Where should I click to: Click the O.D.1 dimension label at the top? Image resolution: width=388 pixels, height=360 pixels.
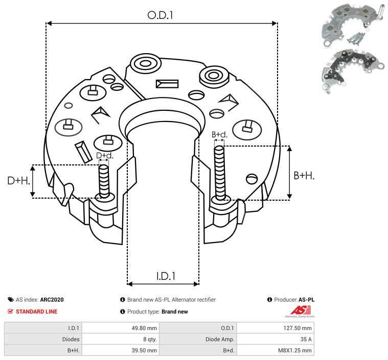pos(161,15)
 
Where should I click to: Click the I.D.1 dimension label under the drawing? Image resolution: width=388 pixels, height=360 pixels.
pos(166,276)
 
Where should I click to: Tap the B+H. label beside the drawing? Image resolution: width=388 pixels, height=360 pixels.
pos(304,175)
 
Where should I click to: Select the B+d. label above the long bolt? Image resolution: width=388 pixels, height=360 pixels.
pos(219,134)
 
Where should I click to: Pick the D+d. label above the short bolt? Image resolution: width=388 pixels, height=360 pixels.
pos(104,155)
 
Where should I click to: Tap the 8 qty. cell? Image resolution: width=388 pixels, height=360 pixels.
pos(149,339)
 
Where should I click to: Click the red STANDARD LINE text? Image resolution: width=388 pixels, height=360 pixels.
pos(36,311)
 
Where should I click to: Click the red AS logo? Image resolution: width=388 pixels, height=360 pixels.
pos(298,310)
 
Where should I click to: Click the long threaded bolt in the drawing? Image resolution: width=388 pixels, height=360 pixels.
pos(220,174)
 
